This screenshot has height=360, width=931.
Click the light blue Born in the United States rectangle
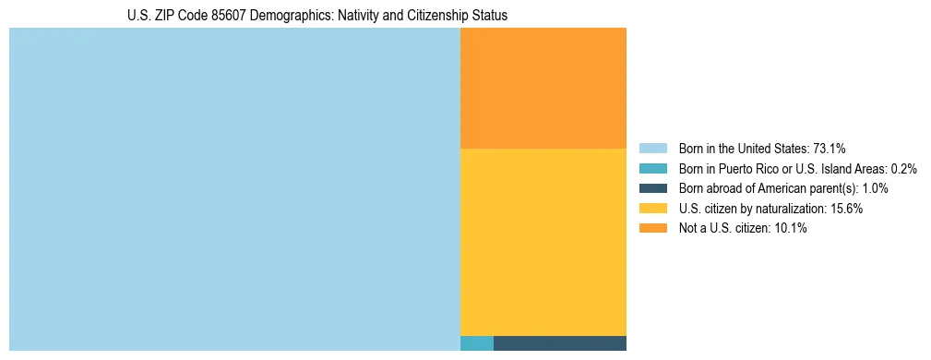pos(234,189)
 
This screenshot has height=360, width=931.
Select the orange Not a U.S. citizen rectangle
pos(543,88)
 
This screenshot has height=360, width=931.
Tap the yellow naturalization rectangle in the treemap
pos(543,242)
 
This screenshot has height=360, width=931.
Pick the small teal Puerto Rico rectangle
pos(476,343)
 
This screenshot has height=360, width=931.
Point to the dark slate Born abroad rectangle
pos(560,343)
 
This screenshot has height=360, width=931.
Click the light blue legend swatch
pos(652,149)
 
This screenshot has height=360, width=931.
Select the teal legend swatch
pos(652,169)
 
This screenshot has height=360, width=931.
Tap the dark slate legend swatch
pos(652,188)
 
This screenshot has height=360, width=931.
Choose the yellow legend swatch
pos(652,209)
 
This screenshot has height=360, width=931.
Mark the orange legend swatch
pos(652,229)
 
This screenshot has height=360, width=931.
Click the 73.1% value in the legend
pos(830,149)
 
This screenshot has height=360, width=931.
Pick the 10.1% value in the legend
pos(792,229)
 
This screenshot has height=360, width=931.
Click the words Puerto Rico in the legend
pos(749,169)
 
